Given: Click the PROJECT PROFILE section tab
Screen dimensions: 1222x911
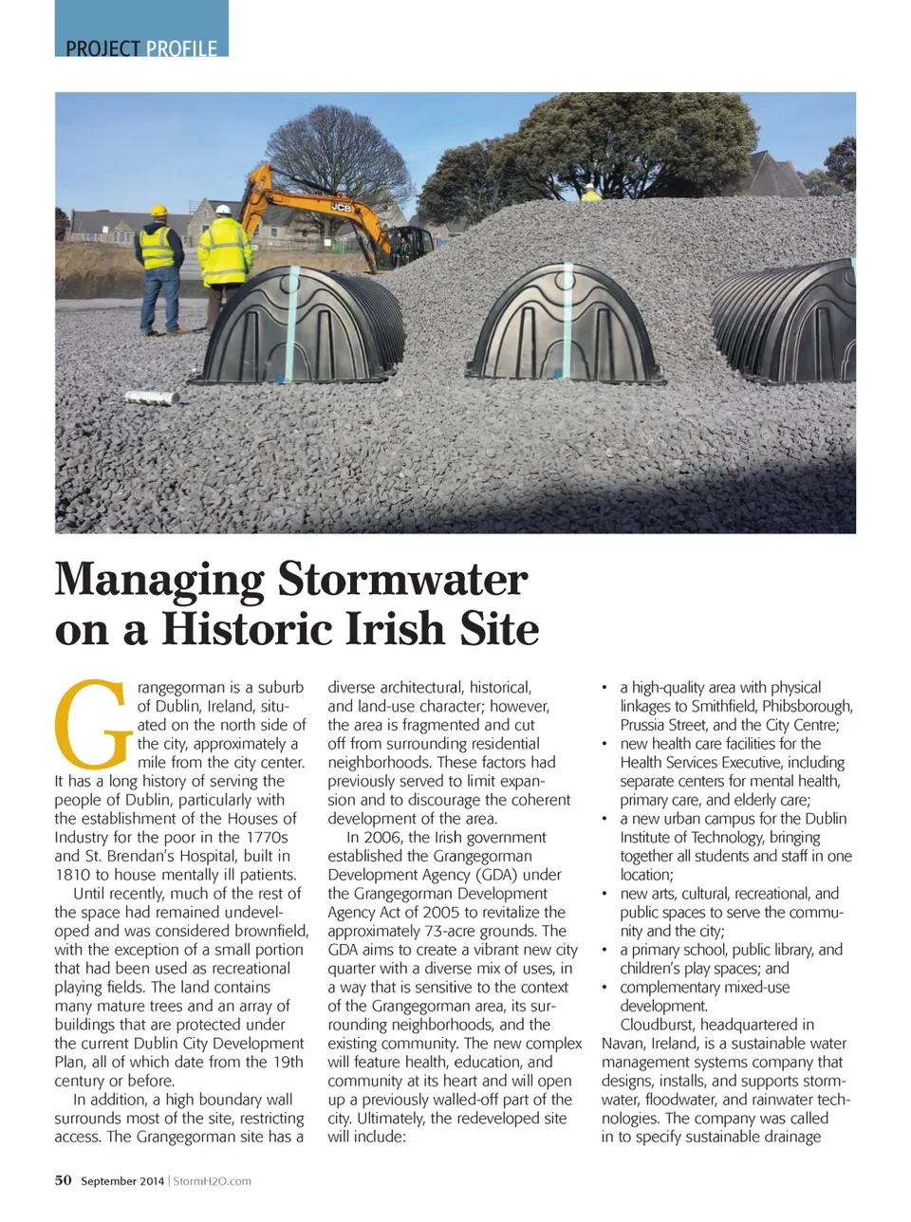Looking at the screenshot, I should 141,47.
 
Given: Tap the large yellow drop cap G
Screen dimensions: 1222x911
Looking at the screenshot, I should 92,723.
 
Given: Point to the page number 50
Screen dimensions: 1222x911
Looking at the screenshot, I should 63,1180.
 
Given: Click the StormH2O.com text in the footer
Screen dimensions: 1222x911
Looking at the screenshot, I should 213,1181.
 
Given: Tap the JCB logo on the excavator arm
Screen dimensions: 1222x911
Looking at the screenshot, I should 340,206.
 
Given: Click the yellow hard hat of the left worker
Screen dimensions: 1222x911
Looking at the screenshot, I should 158,211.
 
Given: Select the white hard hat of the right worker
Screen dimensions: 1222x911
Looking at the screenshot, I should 224,210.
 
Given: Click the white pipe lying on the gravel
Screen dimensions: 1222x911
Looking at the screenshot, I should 153,395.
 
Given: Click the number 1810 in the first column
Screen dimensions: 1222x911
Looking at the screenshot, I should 73,875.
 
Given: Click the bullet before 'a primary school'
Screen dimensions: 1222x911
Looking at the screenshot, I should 605,950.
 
